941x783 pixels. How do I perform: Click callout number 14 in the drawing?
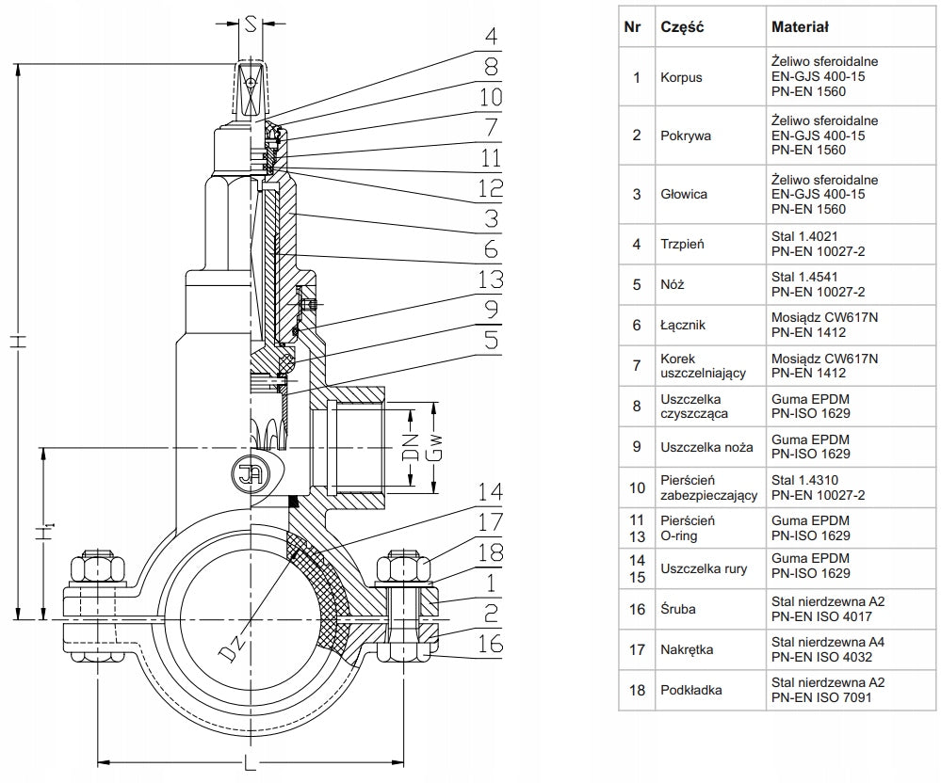click(491, 492)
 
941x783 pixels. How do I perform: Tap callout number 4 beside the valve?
click(492, 36)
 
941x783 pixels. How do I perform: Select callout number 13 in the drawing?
click(491, 280)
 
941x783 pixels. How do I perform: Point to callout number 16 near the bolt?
click(491, 644)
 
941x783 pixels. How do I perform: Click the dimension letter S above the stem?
click(251, 24)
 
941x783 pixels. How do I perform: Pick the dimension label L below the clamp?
click(250, 763)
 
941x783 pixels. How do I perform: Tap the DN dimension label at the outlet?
click(411, 447)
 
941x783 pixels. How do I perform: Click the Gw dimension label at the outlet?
click(434, 447)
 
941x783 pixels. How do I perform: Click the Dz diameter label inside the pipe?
click(231, 647)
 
